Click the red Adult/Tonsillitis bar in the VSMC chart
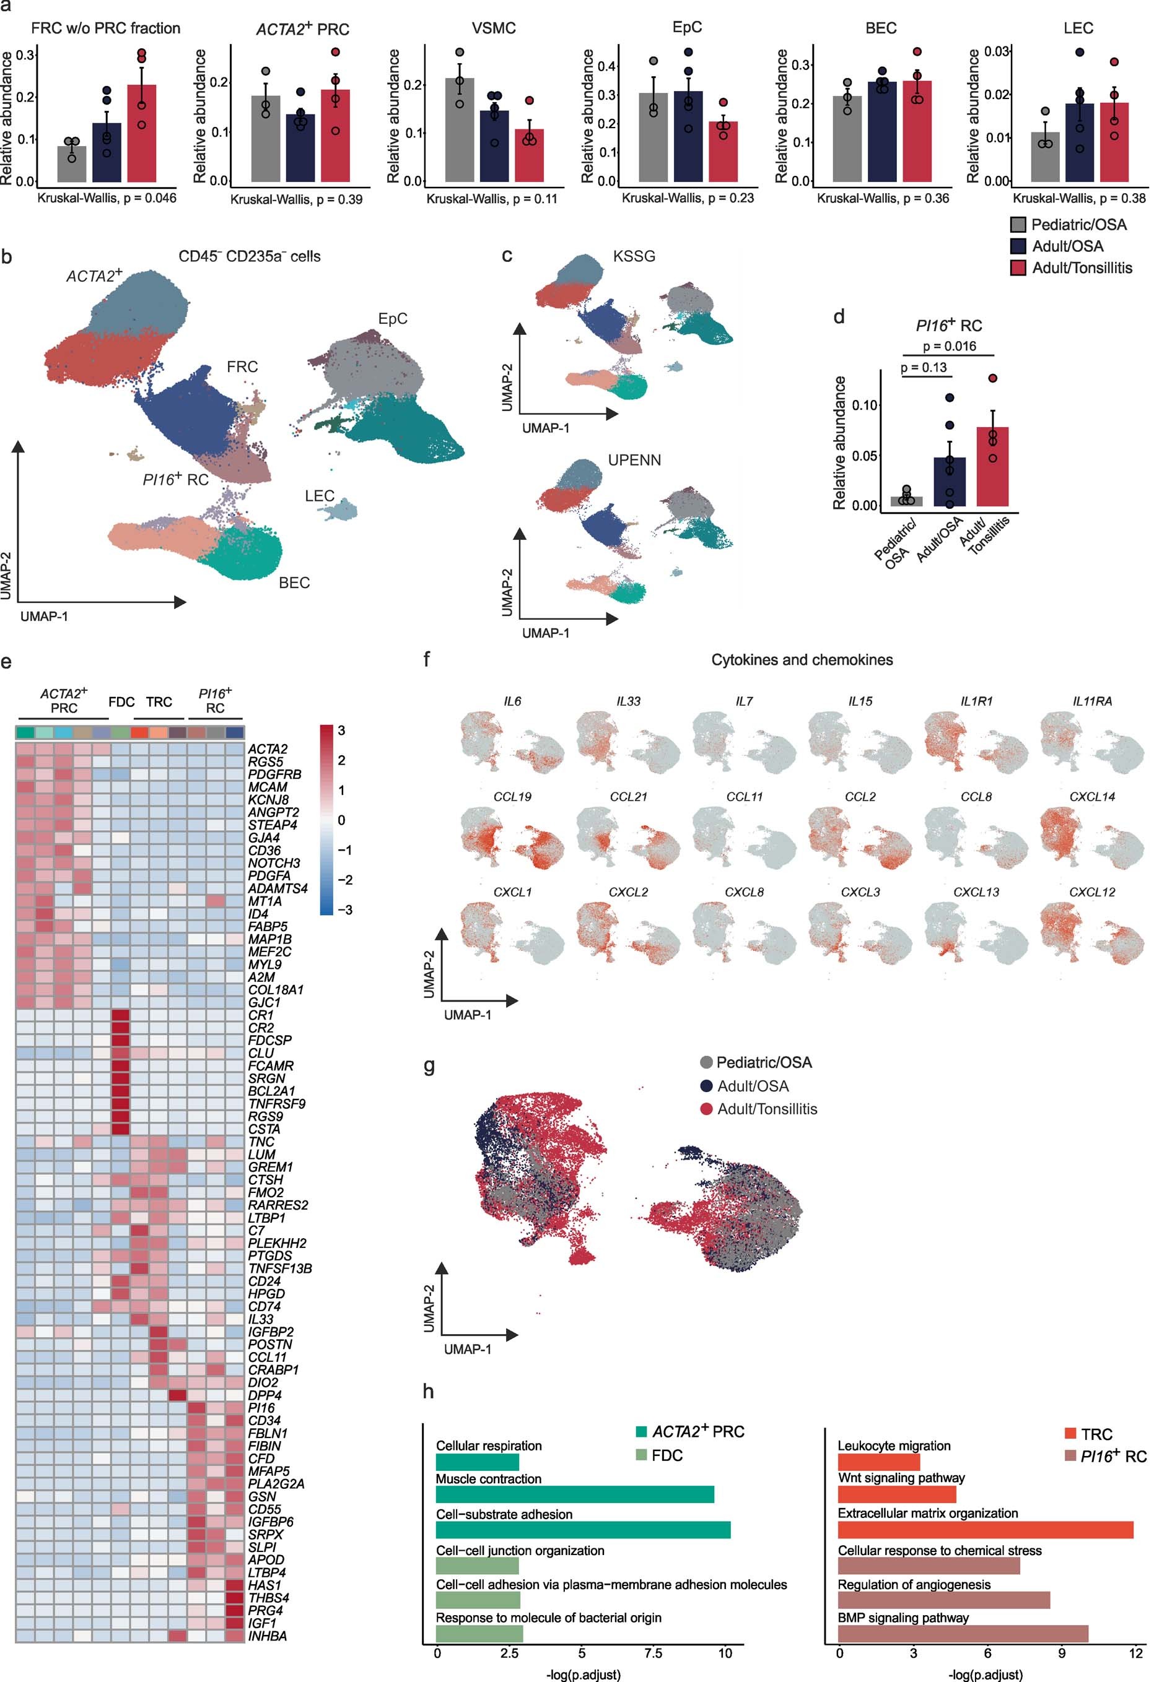[x=529, y=155]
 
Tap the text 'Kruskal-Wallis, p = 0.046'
[x=107, y=198]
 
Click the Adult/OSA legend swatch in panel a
[x=1018, y=246]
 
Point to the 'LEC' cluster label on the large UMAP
[x=319, y=496]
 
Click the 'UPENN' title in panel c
[x=634, y=461]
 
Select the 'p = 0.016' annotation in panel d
[x=949, y=346]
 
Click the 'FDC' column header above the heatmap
[x=121, y=702]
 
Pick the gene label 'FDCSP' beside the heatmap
[x=269, y=1040]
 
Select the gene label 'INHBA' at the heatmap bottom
[x=267, y=1636]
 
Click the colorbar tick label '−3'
[x=344, y=910]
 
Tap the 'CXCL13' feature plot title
[x=975, y=893]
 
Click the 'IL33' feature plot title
[x=627, y=701]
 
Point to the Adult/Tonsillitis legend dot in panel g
[x=707, y=1109]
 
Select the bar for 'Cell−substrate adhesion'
[x=583, y=1530]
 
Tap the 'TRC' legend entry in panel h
[x=1096, y=1434]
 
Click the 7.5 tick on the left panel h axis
[x=652, y=1652]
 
